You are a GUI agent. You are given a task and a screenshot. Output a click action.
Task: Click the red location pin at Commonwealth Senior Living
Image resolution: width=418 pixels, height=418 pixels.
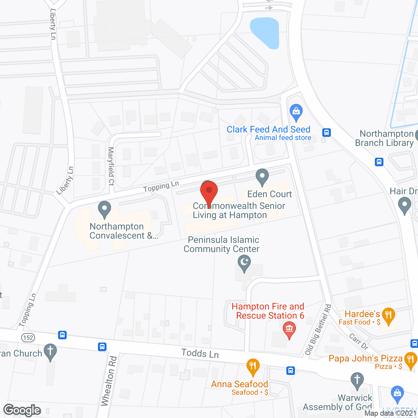pos(209,191)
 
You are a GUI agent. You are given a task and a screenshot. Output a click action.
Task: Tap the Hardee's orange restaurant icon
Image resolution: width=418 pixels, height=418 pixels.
pos(388,315)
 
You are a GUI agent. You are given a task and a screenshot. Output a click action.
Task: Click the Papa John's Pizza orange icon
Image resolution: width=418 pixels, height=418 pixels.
pos(410,360)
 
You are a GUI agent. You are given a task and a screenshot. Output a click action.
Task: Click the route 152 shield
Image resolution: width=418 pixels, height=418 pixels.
pos(28,337)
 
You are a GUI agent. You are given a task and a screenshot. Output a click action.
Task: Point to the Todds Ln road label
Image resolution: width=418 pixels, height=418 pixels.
pos(200,353)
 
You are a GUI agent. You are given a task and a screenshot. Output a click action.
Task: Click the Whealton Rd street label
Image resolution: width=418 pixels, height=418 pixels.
pos(109,381)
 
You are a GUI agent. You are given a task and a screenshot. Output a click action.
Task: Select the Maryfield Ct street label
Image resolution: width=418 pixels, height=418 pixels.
pos(111,166)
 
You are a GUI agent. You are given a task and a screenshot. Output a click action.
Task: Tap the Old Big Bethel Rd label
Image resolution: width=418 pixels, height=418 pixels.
pos(318,330)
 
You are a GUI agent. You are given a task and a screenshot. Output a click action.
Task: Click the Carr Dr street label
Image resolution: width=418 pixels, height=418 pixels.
pos(359,342)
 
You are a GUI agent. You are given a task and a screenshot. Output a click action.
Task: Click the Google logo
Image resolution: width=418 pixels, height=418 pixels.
pos(22,410)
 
